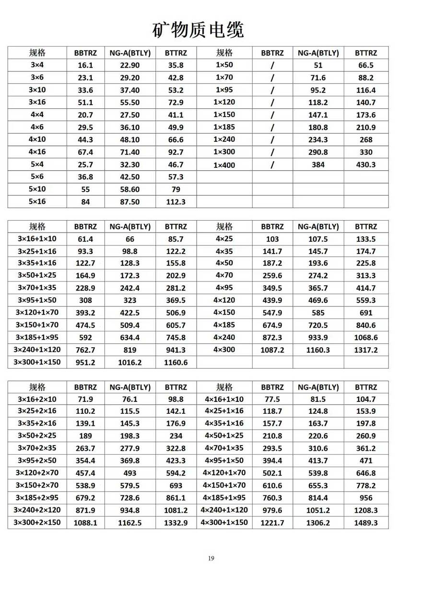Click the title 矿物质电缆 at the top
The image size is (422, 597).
198,30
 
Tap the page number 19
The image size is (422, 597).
211,558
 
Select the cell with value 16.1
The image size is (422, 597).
85,65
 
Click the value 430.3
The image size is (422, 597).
366,164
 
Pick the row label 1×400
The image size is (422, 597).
224,164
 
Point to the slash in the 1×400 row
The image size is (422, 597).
272,164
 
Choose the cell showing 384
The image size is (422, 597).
318,164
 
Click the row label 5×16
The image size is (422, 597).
37,201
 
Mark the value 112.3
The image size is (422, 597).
176,202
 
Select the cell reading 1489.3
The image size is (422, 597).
366,523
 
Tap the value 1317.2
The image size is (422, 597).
366,350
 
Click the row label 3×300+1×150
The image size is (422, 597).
37,362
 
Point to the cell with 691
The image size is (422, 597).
366,313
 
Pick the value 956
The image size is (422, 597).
366,498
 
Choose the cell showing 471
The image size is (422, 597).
366,460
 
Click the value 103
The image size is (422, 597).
272,238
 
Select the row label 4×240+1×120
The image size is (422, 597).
224,510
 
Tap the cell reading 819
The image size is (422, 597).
130,350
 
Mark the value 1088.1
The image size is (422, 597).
85,523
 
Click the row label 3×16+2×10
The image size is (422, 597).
37,399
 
